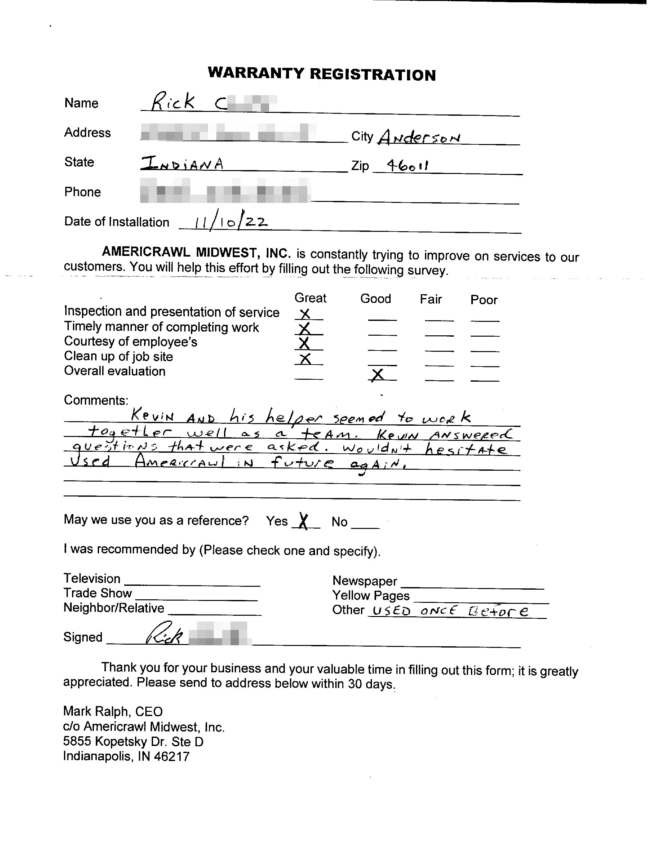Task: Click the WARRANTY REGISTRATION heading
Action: (x=321, y=74)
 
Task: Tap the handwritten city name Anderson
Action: (x=420, y=137)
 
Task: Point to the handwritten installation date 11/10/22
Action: (x=230, y=222)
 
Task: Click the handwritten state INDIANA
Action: (x=182, y=164)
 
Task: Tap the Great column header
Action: (x=310, y=298)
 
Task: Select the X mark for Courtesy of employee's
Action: (x=304, y=343)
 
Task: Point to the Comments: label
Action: (x=96, y=400)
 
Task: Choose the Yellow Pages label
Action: (x=371, y=595)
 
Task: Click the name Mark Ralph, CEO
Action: (x=113, y=711)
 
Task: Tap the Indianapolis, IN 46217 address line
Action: (x=126, y=756)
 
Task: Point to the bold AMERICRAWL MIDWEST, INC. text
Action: (x=196, y=252)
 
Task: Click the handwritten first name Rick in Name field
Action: (x=172, y=103)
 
